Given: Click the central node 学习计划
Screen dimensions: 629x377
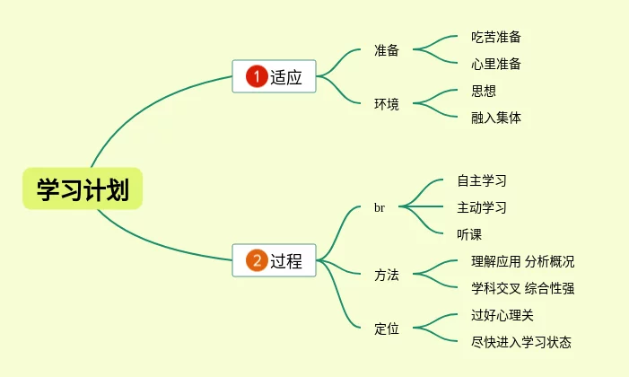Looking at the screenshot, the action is click(x=83, y=189).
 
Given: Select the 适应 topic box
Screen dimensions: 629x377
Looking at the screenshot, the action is click(x=275, y=77).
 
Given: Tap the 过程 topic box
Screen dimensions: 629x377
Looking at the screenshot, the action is click(x=275, y=261).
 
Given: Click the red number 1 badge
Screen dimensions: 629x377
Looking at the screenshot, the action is click(x=257, y=77).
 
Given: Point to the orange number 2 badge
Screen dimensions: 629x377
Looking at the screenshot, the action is click(x=257, y=261).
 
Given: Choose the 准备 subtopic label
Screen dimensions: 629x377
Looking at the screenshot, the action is click(x=387, y=50).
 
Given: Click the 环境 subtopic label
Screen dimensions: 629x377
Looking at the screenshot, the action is click(x=387, y=103).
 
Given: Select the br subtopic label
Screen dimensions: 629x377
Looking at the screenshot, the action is click(x=380, y=207).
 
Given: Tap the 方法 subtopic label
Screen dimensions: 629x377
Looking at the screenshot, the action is click(x=387, y=275).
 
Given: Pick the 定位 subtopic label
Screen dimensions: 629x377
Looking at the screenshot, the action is click(x=387, y=328).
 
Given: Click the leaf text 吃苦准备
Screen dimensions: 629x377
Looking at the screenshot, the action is click(x=496, y=37).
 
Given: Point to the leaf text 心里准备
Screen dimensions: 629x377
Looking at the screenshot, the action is click(x=496, y=64).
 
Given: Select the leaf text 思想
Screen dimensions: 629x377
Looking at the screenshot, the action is click(x=484, y=90).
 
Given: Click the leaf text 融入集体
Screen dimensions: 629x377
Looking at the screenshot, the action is click(x=496, y=117).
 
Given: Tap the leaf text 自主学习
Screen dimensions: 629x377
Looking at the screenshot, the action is click(x=482, y=180).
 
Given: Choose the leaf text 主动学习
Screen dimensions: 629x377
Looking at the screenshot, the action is click(x=482, y=207).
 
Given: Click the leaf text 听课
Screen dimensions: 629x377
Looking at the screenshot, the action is click(x=469, y=234).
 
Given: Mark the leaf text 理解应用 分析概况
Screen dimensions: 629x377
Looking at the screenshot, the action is click(x=522, y=261).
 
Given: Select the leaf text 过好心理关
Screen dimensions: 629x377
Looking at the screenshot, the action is click(x=502, y=314).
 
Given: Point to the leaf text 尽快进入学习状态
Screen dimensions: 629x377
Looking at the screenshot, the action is click(x=521, y=341).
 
